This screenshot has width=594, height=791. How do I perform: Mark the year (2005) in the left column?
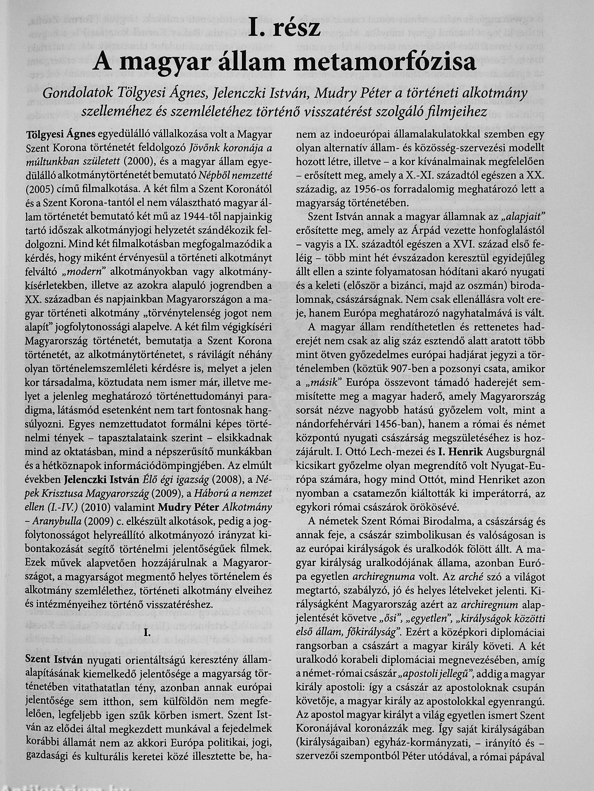point(38,188)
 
